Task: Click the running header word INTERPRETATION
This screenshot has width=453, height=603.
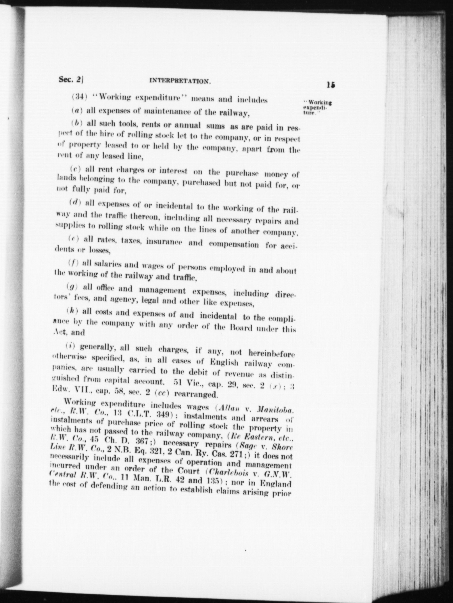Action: pyautogui.click(x=181, y=81)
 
